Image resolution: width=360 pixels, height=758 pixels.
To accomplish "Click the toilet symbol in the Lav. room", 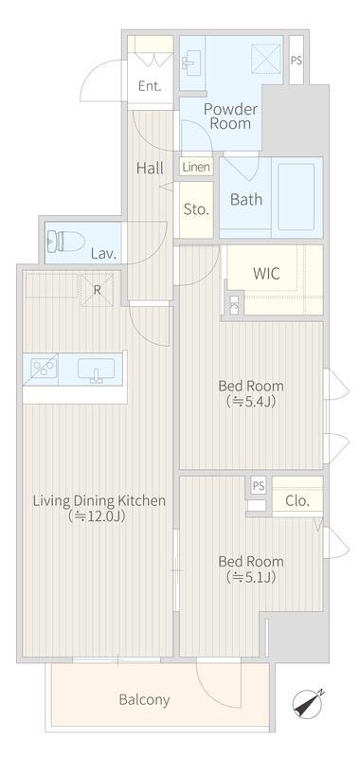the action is [x=65, y=241].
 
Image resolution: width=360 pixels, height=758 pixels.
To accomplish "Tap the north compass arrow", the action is [x=308, y=702].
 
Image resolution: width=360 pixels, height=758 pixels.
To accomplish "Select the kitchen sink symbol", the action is [x=97, y=370].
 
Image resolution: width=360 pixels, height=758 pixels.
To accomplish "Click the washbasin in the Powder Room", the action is [x=189, y=62].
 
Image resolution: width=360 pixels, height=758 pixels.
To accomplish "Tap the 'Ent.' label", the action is [x=150, y=86].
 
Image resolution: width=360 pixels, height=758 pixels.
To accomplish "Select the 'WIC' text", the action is [x=266, y=274].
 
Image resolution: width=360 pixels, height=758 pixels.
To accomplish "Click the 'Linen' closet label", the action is [x=196, y=168].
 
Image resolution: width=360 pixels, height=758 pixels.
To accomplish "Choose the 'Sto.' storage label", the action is [x=196, y=209].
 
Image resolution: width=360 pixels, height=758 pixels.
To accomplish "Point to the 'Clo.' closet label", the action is [x=297, y=501].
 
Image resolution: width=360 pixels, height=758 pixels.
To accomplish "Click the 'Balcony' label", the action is [x=144, y=699].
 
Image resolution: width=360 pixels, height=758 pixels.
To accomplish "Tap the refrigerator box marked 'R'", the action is [x=98, y=290].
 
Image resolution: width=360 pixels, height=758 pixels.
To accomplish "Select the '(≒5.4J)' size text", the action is [x=251, y=402].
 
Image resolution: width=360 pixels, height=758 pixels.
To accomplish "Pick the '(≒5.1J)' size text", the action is [x=251, y=577].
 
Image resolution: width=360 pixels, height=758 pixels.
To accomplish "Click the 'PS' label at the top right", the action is [x=297, y=61].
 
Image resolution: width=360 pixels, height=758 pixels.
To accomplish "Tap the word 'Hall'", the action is [x=150, y=169].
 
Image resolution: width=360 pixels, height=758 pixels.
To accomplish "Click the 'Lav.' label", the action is [x=104, y=254].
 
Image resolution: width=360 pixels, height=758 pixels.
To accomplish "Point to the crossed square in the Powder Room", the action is [x=266, y=60].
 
